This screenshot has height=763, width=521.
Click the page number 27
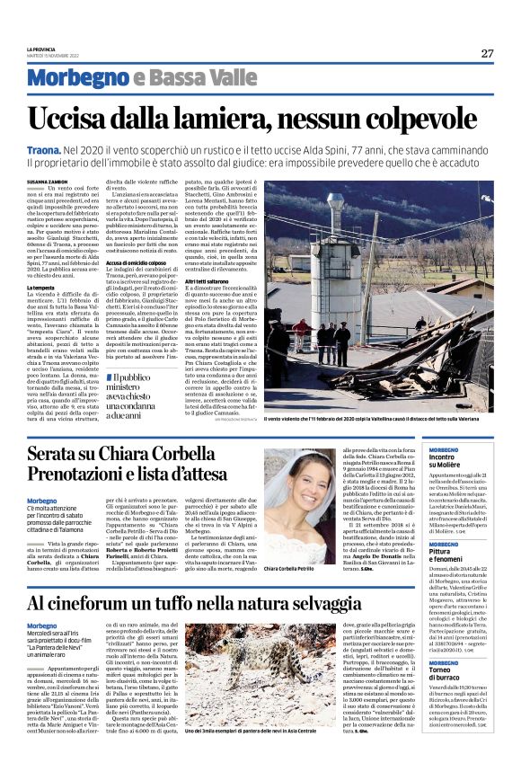tap(487, 52)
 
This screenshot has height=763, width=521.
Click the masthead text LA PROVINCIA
tap(41, 49)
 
